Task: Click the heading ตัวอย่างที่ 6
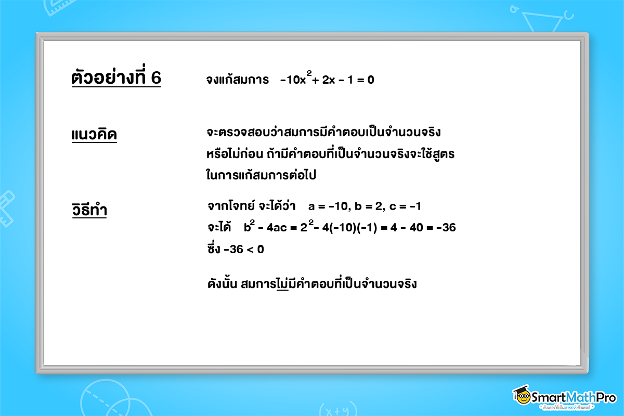pyautogui.click(x=116, y=78)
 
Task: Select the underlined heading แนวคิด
pyautogui.click(x=94, y=135)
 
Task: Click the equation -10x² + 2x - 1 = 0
pyautogui.click(x=327, y=80)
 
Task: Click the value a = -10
pyautogui.click(x=327, y=206)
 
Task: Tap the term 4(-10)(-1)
pyautogui.click(x=351, y=227)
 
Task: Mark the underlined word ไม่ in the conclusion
pyautogui.click(x=283, y=284)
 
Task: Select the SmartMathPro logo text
pyautogui.click(x=571, y=397)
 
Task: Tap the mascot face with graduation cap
pyautogui.click(x=522, y=397)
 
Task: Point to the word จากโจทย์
pyautogui.click(x=228, y=206)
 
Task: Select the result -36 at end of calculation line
pyautogui.click(x=446, y=227)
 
